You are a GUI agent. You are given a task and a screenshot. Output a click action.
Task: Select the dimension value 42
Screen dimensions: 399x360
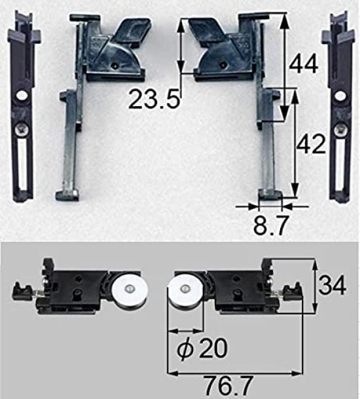(x=310, y=145)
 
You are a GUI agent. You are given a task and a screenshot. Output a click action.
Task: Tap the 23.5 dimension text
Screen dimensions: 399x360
(x=153, y=100)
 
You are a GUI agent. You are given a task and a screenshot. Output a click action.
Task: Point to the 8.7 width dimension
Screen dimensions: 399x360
(x=268, y=227)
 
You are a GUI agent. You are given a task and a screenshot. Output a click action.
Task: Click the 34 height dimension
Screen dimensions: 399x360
(x=333, y=286)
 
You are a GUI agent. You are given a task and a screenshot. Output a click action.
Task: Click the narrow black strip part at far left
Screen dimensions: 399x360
(x=22, y=111)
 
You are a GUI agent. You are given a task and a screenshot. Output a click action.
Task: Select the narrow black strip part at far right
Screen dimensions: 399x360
(x=339, y=111)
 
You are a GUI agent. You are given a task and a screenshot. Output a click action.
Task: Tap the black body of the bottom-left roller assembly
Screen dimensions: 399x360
(x=75, y=289)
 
